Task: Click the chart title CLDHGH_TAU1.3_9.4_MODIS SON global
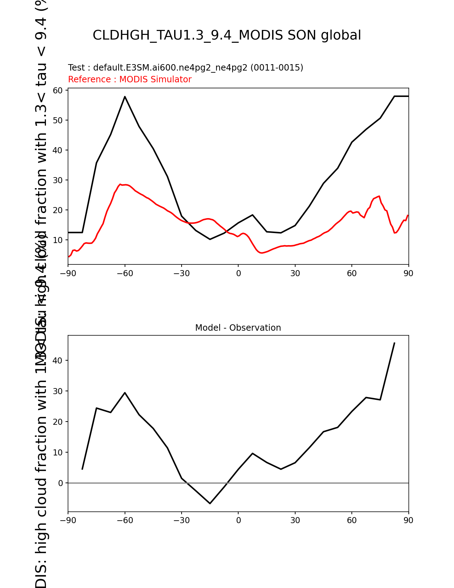point(227,35)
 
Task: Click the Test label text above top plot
point(186,68)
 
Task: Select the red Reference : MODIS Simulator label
point(130,79)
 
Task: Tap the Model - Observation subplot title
point(238,328)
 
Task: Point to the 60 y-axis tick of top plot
point(58,91)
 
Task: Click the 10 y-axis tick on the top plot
point(58,240)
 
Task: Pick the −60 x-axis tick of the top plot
point(125,273)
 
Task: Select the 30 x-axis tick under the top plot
point(295,273)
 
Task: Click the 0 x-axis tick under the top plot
point(238,273)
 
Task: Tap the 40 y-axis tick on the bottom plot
point(58,361)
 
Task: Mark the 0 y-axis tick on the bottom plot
point(61,483)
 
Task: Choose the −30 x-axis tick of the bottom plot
point(181,520)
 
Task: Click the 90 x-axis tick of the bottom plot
point(408,520)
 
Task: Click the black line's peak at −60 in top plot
point(125,97)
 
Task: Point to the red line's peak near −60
point(120,184)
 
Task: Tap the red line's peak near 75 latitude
point(379,196)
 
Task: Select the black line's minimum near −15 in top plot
point(210,239)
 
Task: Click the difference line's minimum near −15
point(210,504)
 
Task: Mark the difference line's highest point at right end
point(394,343)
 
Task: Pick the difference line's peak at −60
point(125,393)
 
